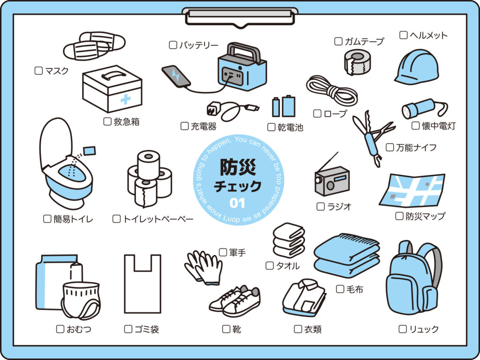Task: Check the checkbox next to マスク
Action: coord(39,71)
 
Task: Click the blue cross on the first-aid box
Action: coord(125,99)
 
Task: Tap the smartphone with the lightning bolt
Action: coord(176,76)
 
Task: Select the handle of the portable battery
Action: coord(244,51)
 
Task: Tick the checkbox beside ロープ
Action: coord(317,113)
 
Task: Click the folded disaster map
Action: coord(412,190)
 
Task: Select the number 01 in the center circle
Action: coord(238,203)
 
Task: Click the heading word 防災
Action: coord(238,167)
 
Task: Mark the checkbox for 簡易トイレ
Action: coord(47,218)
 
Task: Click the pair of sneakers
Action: coord(234,300)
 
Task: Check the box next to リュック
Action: coord(402,329)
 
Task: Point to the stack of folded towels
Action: coord(288,240)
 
